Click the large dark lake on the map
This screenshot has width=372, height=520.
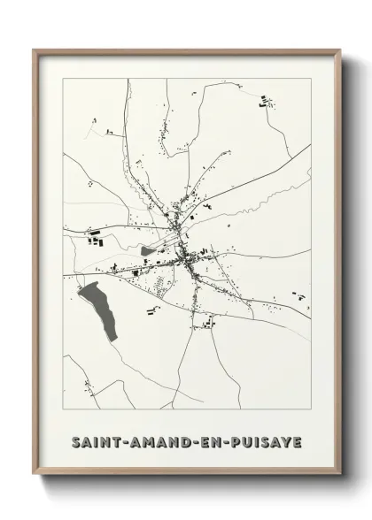(97, 310)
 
